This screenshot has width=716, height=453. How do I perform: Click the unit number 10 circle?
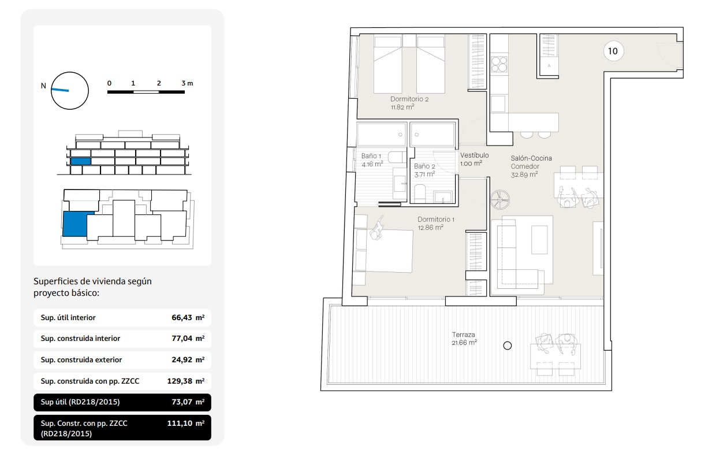click(613, 51)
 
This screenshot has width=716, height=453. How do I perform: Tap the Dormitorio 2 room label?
click(409, 99)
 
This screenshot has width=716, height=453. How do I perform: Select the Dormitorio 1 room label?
click(436, 220)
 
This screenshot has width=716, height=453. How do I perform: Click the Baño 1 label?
click(371, 156)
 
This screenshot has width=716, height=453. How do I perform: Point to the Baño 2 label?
click(424, 166)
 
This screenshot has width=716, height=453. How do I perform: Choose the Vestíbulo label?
click(475, 155)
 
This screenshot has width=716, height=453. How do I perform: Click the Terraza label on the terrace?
click(463, 335)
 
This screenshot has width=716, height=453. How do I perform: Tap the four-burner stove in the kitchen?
click(499, 64)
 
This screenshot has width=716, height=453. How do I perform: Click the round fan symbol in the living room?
click(500, 200)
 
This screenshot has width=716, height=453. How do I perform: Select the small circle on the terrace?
click(508, 346)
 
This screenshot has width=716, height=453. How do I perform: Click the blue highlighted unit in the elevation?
click(80, 161)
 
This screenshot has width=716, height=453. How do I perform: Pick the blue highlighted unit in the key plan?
click(75, 224)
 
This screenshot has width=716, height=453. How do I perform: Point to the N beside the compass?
click(43, 86)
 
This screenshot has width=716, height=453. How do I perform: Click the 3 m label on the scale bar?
click(187, 83)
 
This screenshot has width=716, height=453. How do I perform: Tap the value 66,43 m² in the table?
click(188, 318)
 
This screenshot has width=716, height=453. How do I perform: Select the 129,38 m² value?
click(186, 381)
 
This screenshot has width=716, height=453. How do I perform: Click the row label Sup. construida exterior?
click(81, 360)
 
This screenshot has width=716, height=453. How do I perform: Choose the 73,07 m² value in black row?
click(188, 402)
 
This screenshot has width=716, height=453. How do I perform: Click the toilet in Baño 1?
click(396, 157)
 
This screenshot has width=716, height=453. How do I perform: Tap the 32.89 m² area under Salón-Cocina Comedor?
click(524, 174)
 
